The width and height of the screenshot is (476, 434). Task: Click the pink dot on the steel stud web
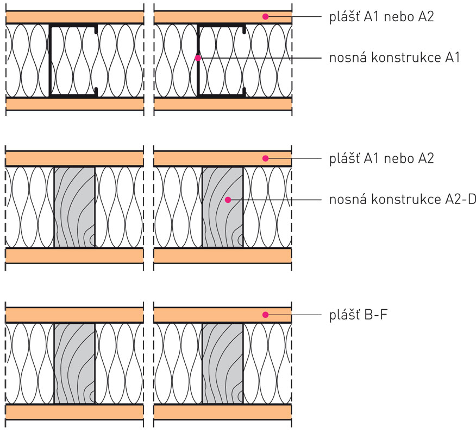tap(198, 58)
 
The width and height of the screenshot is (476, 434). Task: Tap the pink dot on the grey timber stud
tap(228, 200)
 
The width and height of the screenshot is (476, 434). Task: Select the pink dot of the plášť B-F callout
tap(266, 315)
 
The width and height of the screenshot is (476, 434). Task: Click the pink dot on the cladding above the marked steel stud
tap(266, 17)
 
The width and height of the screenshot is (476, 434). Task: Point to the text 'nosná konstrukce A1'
tap(394, 58)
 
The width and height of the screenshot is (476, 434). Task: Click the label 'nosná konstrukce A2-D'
tap(403, 200)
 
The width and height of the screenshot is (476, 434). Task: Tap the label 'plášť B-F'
tap(359, 315)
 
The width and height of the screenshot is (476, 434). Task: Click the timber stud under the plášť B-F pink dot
tap(223, 363)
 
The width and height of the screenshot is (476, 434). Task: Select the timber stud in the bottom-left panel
tap(74, 363)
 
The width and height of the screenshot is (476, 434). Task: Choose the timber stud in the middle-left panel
tap(74, 207)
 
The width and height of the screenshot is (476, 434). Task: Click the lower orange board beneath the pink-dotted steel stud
tap(223, 104)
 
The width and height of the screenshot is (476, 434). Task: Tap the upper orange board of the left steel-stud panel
tap(74, 17)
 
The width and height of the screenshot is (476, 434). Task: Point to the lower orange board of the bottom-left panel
tap(74, 412)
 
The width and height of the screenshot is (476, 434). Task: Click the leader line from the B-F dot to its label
tap(293, 315)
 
